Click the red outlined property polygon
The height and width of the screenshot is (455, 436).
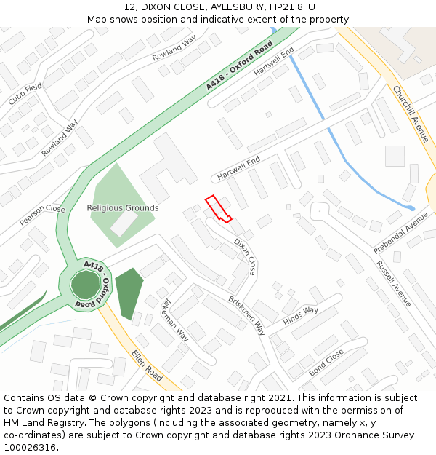pos(217,208)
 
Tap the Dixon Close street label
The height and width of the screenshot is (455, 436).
pos(245,256)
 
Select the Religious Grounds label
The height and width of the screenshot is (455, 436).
pos(123,208)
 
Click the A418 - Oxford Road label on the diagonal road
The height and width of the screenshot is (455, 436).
pos(239,66)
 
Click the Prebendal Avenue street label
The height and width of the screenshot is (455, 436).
pos(401,233)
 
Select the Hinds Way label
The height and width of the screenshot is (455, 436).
pos(301,315)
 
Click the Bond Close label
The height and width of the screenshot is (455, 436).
pos(326,362)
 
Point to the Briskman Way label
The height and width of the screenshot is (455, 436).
pos(246,314)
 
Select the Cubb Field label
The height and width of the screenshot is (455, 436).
pos(25,93)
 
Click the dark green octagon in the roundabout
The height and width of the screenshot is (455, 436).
pos(86,283)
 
